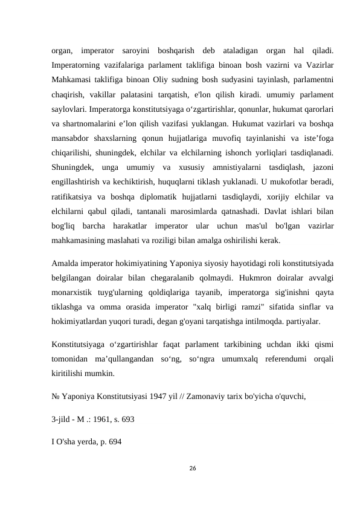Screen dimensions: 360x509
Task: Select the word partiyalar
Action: (298, 322)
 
